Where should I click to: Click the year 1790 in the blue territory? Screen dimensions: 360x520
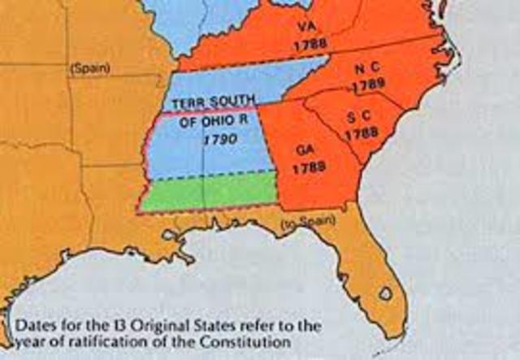[x=219, y=140]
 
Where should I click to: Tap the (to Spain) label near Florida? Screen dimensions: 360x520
[x=300, y=223]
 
